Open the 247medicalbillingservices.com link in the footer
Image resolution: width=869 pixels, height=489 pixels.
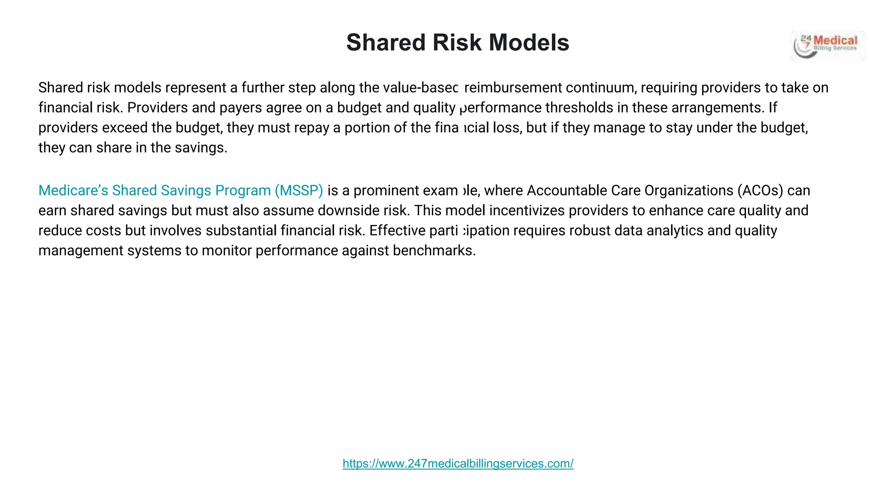[x=458, y=464]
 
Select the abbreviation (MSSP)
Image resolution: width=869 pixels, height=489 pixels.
[x=299, y=191]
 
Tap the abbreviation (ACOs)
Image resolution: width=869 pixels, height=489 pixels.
[x=760, y=191]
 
